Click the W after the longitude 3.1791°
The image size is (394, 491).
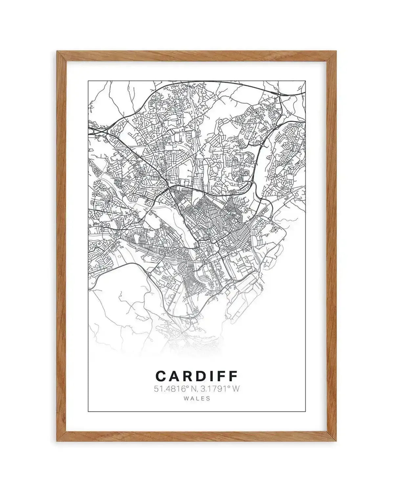(236, 389)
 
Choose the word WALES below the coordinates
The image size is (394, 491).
(197, 399)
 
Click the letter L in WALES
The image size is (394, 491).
(198, 399)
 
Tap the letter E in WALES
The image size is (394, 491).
(203, 399)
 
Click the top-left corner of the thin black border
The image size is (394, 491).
(88, 80)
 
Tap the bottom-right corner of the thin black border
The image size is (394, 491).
(305, 411)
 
